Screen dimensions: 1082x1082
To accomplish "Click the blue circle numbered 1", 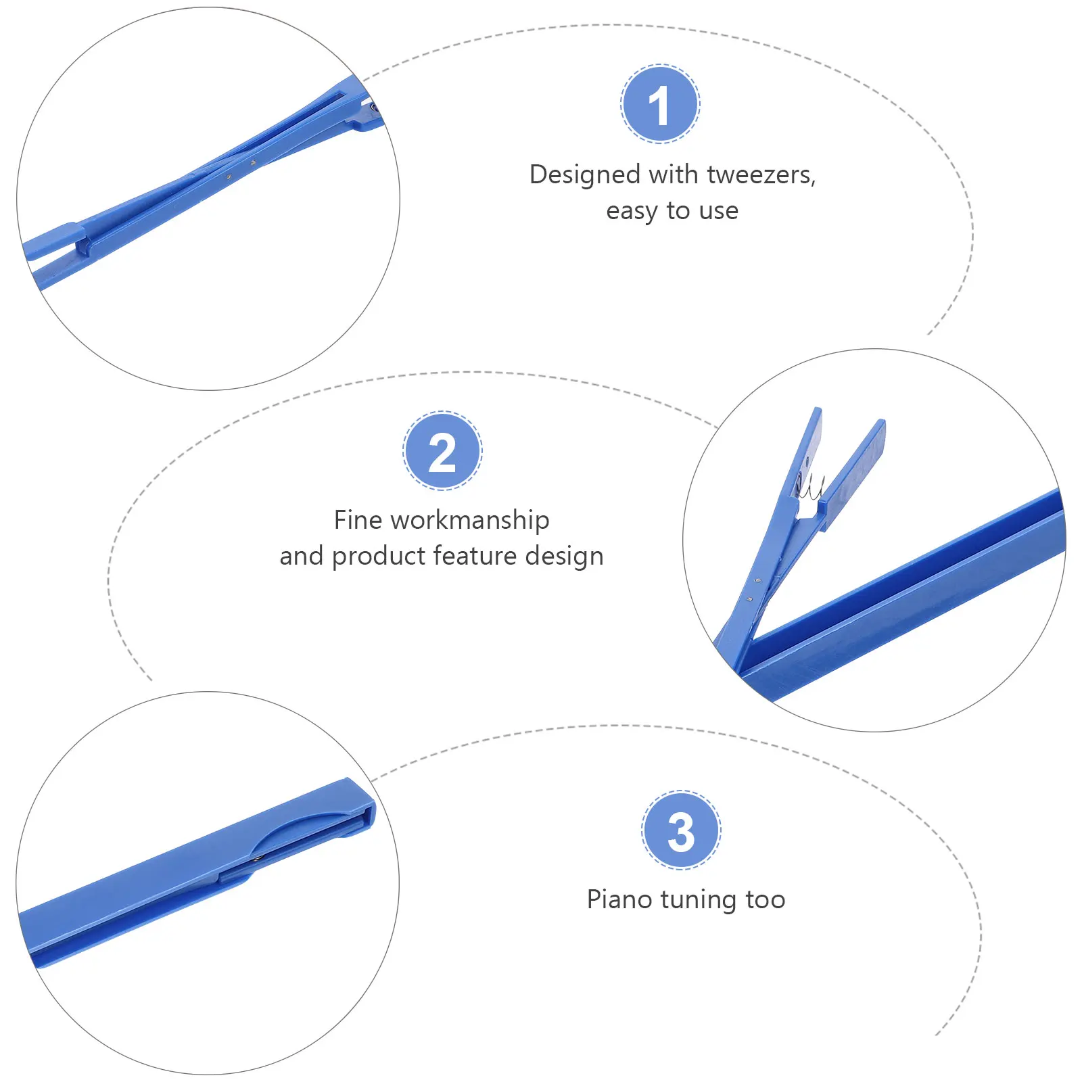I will click(660, 104).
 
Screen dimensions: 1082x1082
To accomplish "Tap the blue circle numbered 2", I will click(442, 450).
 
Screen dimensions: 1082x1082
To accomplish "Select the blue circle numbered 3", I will click(681, 830).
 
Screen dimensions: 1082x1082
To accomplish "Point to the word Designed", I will click(585, 175).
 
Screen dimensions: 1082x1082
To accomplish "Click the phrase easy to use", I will click(672, 211).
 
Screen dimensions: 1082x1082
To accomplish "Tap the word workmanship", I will click(469, 520).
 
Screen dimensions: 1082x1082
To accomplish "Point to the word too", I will click(766, 899).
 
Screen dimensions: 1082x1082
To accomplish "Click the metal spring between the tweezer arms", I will click(809, 486).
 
